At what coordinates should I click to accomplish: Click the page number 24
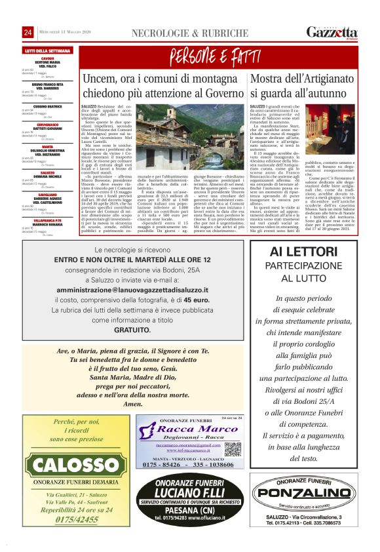pos(28,33)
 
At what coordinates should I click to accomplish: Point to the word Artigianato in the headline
pos(319,79)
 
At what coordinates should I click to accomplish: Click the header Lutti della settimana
pos(47,50)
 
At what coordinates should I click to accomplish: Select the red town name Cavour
pos(47,58)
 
